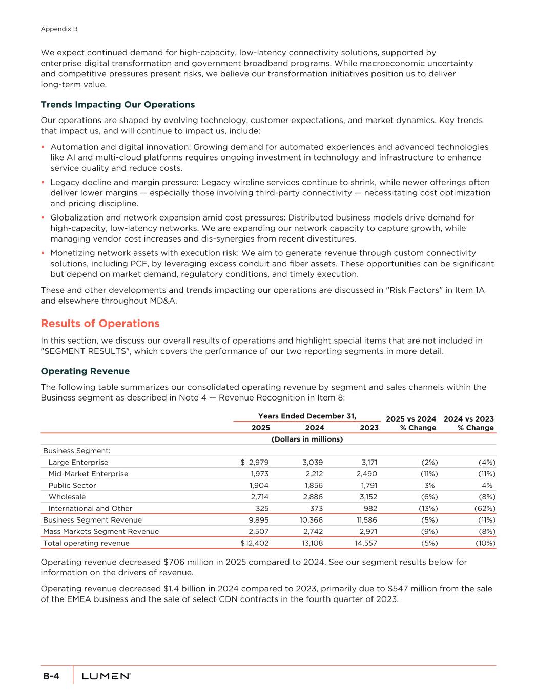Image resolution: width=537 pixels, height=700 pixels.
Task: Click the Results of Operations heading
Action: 100,324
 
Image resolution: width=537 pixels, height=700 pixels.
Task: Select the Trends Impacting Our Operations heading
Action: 117,105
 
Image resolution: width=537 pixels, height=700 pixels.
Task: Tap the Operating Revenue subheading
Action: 85,371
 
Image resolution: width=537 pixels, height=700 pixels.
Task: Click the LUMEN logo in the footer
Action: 106,677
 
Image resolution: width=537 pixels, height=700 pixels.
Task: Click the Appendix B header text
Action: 59,29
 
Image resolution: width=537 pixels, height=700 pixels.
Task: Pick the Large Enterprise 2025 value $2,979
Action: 255,463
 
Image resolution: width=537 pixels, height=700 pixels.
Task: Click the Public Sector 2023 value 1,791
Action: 367,485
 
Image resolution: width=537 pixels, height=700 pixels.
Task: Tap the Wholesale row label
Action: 67,497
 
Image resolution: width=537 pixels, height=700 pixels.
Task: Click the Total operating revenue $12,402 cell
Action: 255,543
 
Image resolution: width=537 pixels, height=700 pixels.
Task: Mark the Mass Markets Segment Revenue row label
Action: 101,531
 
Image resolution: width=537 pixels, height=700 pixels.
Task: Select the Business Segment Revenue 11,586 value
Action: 365,520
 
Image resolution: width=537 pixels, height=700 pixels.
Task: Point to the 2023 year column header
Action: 369,428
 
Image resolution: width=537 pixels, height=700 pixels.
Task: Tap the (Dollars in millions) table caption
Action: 306,439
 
